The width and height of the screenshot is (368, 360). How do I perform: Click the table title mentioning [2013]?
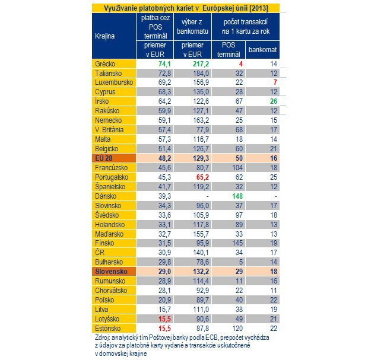[186, 8]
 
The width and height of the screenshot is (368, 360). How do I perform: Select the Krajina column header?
[104, 36]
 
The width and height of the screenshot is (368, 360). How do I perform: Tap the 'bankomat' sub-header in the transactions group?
[262, 50]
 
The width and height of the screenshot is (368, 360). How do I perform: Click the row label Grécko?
[105, 64]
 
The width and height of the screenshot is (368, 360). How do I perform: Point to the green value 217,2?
[201, 64]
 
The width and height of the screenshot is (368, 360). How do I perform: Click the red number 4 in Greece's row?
[240, 64]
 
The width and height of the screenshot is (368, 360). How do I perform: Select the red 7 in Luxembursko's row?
[275, 82]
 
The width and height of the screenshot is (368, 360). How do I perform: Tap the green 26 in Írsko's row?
[274, 101]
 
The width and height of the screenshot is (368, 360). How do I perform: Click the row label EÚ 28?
[103, 158]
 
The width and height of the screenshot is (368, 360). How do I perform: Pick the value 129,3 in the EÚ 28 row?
[201, 158]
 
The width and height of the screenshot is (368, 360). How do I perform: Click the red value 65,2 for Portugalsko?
[202, 177]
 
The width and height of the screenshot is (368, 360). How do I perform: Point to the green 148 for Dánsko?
[237, 196]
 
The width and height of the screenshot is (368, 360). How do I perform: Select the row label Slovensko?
[111, 272]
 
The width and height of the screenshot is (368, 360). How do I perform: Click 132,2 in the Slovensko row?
[201, 272]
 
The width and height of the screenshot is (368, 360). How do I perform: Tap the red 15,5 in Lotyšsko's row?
[164, 319]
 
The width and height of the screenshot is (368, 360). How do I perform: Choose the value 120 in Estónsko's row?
[237, 329]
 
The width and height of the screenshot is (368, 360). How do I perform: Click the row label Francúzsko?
[111, 168]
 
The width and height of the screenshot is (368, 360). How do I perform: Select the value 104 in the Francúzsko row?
[237, 168]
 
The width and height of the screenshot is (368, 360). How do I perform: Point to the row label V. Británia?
[109, 130]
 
